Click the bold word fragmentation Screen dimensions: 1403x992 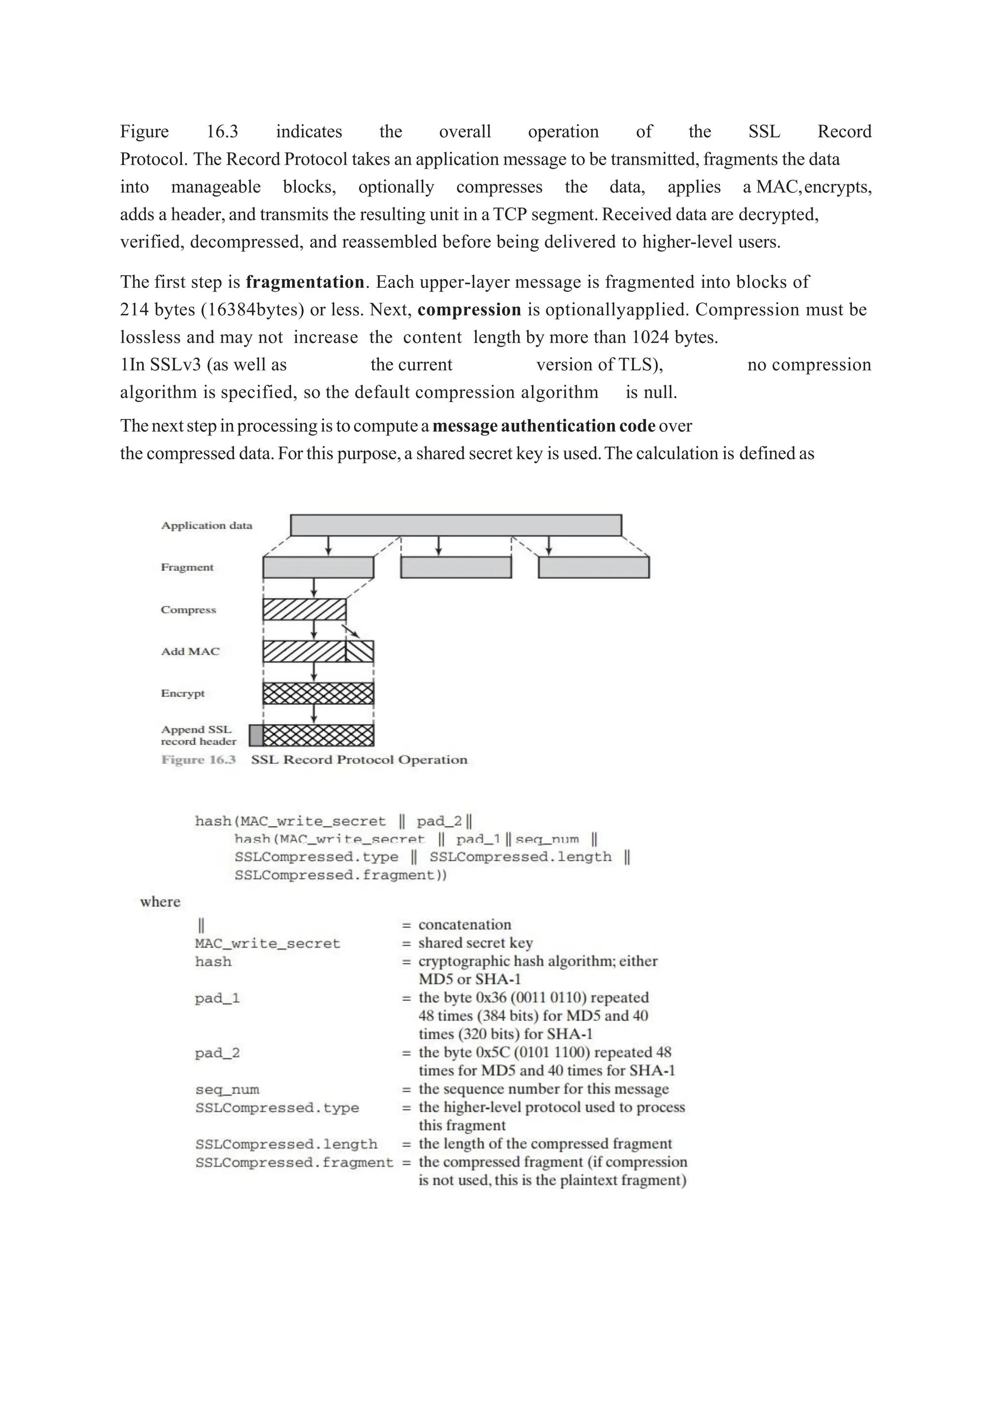305,282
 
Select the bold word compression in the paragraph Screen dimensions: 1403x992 469,310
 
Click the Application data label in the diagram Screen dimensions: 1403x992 206,526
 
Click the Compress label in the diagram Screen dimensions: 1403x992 188,610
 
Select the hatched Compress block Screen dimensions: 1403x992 304,610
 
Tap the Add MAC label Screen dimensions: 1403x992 190,652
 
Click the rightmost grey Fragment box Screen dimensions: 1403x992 594,568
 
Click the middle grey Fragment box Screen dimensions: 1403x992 456,568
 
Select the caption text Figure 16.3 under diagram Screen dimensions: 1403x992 199,760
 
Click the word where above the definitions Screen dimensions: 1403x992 160,902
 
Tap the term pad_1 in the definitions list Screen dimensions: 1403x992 217,998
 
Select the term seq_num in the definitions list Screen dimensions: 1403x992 227,1090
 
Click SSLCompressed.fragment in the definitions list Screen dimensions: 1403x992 294,1162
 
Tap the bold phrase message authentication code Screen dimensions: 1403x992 543,426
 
